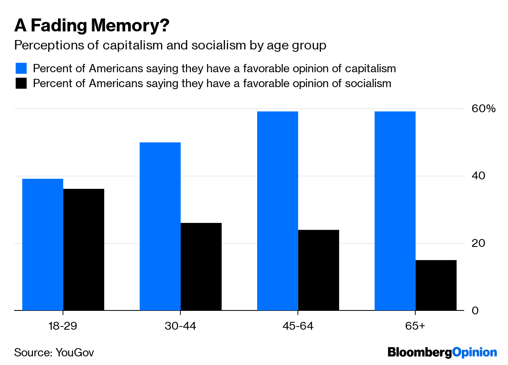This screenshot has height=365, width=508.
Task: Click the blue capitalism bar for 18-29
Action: pos(43,245)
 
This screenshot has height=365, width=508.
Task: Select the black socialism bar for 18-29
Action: pos(83,250)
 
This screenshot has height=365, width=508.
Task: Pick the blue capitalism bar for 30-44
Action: pos(160,226)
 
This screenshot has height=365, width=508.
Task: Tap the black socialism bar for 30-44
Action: pos(201,267)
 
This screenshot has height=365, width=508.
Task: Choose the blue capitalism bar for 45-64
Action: pos(278,211)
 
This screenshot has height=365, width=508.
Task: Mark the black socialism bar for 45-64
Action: pos(318,270)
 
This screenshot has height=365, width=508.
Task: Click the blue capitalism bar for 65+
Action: pos(395,211)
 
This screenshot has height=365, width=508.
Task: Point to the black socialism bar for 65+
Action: pos(436,285)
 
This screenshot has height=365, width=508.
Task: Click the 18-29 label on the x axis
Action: pos(63,326)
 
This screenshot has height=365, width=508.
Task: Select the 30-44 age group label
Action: pos(180,326)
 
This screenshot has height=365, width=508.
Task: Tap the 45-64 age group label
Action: pos(298,326)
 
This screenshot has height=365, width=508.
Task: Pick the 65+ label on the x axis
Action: pos(415,326)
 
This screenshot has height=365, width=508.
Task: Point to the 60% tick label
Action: pos(483,109)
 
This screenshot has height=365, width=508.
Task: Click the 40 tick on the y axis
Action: pos(478,175)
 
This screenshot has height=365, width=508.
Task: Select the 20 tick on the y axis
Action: pos(478,243)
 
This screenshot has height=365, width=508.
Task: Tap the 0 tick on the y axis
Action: pos(475,310)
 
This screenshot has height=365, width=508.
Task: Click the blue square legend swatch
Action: pos(21,68)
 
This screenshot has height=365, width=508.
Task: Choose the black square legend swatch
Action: pos(21,83)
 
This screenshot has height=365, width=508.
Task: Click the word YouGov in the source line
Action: pos(75,352)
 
